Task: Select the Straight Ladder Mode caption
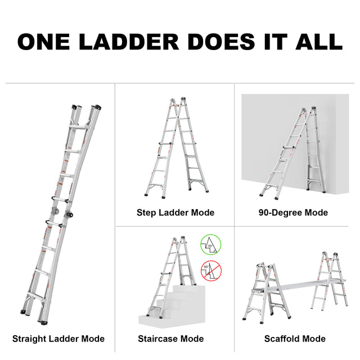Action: click(58, 339)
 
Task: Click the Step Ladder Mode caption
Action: click(175, 213)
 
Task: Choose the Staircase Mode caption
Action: click(171, 339)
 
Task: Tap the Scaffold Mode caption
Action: click(295, 339)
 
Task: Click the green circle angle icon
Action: click(211, 245)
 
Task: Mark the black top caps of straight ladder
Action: click(85, 106)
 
